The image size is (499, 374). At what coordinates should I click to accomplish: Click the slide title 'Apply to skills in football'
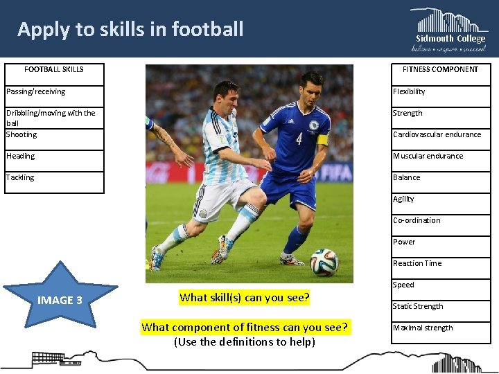[130, 29]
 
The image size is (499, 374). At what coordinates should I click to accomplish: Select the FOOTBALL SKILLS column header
[54, 69]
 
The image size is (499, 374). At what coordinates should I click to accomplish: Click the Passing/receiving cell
[54, 91]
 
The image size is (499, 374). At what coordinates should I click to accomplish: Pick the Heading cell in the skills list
[54, 157]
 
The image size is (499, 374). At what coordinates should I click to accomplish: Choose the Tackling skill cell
[54, 178]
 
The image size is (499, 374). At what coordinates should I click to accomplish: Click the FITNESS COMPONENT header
[440, 69]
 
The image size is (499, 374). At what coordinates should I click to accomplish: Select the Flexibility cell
[440, 91]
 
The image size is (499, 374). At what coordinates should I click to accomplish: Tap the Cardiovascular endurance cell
[440, 134]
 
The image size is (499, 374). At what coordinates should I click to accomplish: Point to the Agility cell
[440, 199]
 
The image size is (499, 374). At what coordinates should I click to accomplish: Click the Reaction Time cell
[440, 263]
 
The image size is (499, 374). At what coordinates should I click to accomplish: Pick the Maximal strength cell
[440, 328]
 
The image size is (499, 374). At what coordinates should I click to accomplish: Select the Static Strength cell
[440, 306]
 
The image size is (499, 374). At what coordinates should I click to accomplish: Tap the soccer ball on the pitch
[324, 262]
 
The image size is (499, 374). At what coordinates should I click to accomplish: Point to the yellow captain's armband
[322, 139]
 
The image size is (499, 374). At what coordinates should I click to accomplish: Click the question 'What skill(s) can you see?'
[245, 298]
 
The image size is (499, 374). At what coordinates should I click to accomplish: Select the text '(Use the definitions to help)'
[245, 341]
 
